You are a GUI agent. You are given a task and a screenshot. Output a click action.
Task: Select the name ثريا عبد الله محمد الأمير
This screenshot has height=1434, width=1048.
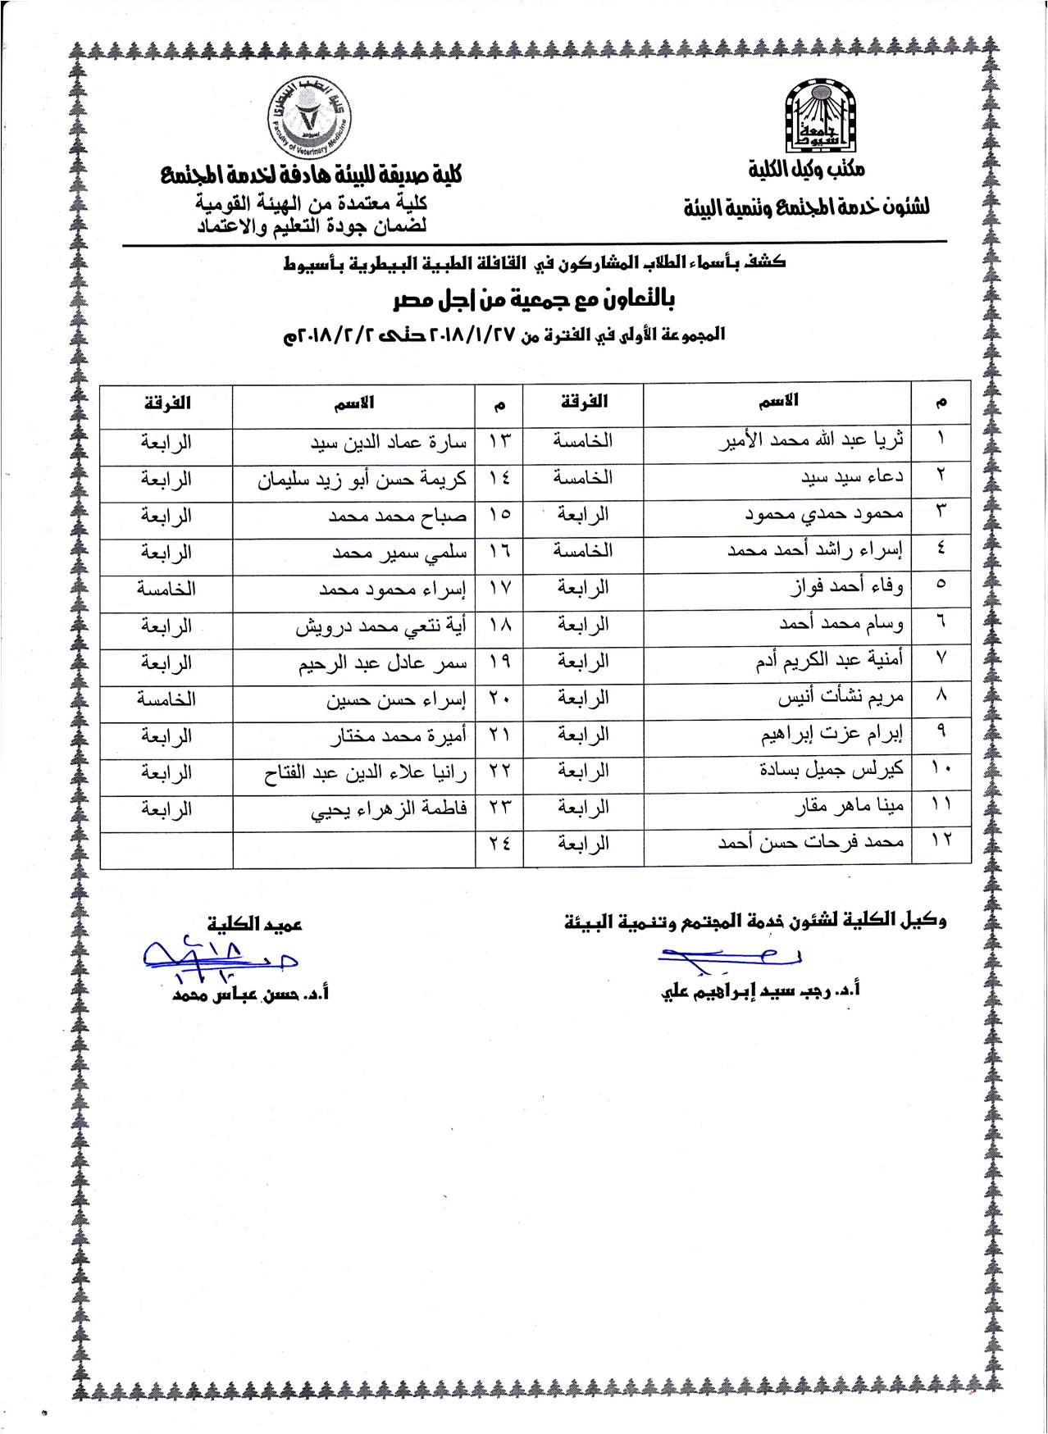(x=813, y=439)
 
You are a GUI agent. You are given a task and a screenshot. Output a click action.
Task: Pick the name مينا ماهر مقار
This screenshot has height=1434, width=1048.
(x=850, y=808)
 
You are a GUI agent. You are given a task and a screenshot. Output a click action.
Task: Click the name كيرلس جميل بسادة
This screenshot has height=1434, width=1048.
(x=832, y=771)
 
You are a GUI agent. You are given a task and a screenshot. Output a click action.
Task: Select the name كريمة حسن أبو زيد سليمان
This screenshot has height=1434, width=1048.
(x=362, y=479)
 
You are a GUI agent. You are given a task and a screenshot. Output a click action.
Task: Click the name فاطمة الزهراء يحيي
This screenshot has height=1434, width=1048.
(x=388, y=809)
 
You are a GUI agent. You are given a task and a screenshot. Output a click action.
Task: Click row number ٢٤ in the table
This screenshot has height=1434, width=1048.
(x=499, y=844)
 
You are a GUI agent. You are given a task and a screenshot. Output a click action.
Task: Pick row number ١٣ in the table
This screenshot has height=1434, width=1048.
(x=499, y=442)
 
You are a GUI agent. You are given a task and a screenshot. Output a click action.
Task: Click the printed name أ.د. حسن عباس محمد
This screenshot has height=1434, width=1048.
(x=250, y=995)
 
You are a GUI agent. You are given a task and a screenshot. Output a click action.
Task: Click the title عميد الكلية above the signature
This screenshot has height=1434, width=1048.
(x=255, y=923)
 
